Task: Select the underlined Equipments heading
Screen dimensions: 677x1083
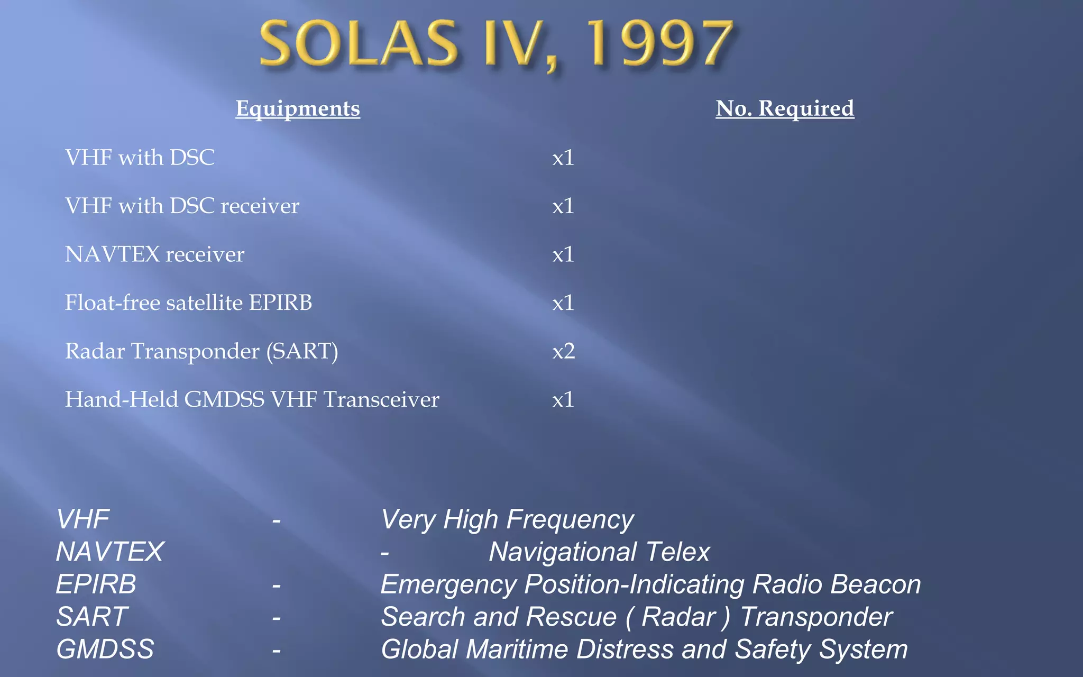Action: point(298,108)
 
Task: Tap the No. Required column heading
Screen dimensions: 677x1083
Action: point(785,108)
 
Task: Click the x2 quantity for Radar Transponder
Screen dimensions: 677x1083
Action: point(563,351)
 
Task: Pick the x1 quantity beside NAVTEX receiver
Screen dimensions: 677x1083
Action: point(563,254)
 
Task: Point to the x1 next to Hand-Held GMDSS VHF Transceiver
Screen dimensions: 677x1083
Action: point(563,399)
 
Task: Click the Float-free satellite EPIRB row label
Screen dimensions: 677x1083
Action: point(188,303)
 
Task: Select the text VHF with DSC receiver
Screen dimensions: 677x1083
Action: point(182,206)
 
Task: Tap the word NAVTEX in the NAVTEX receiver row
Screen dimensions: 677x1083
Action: point(112,254)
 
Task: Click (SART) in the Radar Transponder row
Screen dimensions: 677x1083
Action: point(302,351)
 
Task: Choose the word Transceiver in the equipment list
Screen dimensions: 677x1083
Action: point(381,399)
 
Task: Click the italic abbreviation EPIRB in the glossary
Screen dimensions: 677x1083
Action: point(96,584)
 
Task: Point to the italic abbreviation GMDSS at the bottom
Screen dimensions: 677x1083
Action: point(105,649)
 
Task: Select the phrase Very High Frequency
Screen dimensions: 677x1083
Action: point(507,519)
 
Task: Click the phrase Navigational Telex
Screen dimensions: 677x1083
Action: point(599,552)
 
